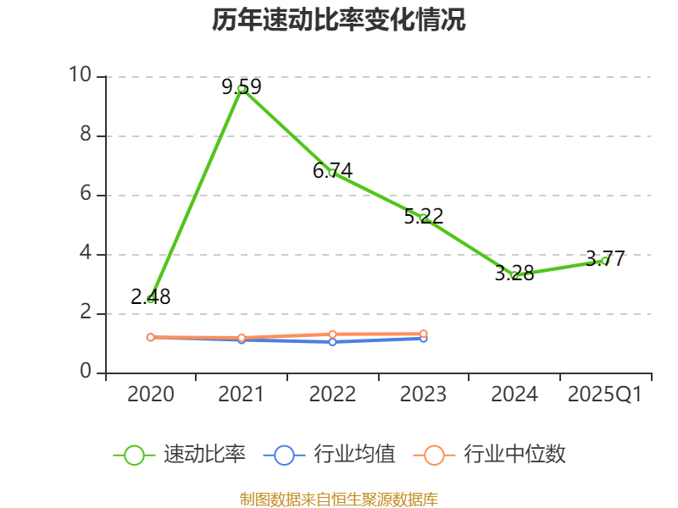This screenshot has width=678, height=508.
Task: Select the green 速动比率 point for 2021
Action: (x=242, y=88)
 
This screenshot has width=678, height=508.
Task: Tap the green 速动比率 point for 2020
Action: (x=151, y=299)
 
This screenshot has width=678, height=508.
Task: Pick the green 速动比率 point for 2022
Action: (x=332, y=173)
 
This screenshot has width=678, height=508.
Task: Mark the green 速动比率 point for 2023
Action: (x=424, y=218)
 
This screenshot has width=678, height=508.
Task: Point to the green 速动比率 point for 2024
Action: (x=514, y=275)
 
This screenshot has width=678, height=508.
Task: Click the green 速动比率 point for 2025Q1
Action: (x=605, y=261)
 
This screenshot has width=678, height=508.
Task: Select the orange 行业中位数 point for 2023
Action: (x=424, y=334)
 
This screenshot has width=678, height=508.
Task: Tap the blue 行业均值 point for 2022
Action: (x=332, y=342)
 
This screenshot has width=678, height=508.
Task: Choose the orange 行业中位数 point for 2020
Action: (x=151, y=337)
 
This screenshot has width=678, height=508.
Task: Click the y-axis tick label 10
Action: (x=81, y=76)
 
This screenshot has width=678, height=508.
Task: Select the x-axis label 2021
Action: (x=242, y=395)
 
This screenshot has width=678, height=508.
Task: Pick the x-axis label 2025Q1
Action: (x=605, y=395)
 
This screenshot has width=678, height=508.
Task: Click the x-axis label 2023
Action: (x=424, y=395)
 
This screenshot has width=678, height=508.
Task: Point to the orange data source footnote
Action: (x=339, y=499)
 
